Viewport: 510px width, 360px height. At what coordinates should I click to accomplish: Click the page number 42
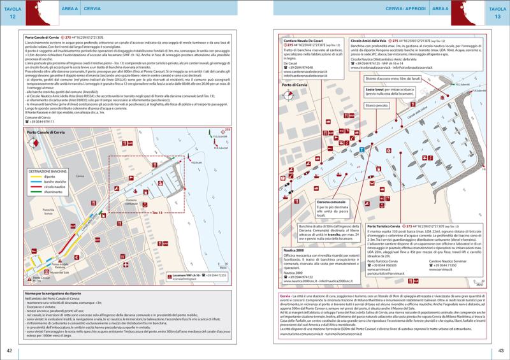(x=10, y=350)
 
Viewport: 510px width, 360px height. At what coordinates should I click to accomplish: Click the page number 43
(x=501, y=350)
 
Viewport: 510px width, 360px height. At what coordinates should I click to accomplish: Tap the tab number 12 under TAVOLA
(x=12, y=17)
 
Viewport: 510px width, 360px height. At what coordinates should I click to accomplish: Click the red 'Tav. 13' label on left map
(x=157, y=212)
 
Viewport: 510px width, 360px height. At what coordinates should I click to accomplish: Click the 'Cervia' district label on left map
(x=80, y=175)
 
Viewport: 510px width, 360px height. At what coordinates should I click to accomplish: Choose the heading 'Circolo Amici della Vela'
(x=369, y=40)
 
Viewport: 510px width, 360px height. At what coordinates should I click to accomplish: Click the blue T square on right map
(x=361, y=149)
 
